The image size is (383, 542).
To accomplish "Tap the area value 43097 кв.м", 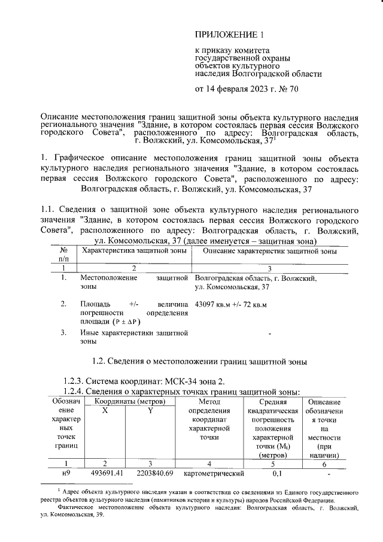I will click(212, 304).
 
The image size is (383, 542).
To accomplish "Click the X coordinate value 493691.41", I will click(105, 474).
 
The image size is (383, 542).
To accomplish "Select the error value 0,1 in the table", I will click(276, 474).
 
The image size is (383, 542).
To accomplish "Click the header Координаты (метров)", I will click(128, 402).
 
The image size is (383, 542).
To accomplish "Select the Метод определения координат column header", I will click(209, 419).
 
